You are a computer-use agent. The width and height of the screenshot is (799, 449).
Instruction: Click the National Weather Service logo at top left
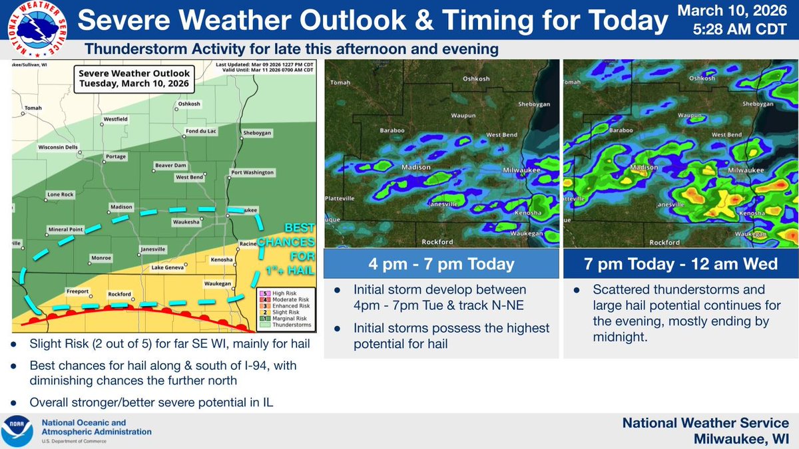click(x=34, y=29)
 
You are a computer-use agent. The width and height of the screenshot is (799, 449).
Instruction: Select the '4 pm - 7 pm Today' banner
click(x=441, y=264)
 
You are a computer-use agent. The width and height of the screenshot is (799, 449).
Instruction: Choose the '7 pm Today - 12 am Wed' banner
click(x=679, y=264)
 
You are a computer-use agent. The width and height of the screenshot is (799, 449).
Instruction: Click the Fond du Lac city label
click(x=200, y=130)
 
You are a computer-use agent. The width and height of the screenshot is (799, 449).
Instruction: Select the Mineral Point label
click(x=65, y=229)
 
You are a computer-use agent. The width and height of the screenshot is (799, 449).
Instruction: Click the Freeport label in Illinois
click(x=77, y=291)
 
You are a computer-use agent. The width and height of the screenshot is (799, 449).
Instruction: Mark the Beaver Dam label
click(x=170, y=164)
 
